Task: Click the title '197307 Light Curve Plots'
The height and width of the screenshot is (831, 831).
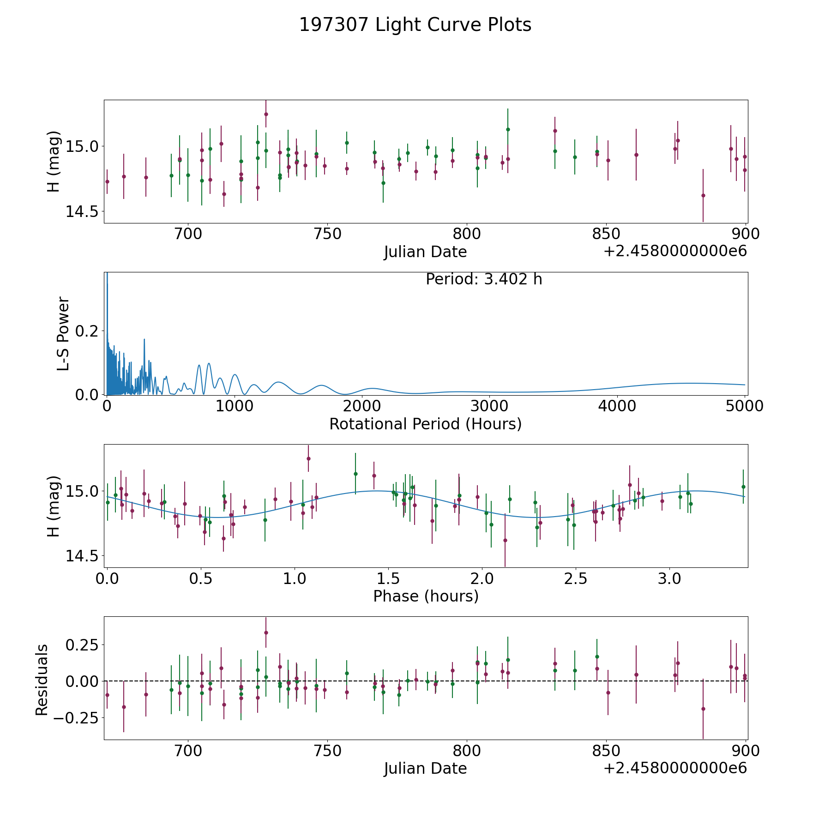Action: [x=415, y=25]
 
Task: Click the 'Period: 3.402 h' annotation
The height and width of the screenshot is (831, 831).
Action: [x=483, y=279]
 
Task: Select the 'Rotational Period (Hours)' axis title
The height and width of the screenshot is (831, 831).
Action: [x=425, y=424]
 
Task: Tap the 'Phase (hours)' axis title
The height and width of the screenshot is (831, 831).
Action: [x=425, y=596]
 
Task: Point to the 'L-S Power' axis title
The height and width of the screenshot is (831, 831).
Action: [x=64, y=333]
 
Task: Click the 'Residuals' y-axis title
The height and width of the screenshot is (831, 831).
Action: [x=42, y=680]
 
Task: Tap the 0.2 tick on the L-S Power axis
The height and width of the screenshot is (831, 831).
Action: [x=86, y=331]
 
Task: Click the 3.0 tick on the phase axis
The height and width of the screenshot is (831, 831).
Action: [x=669, y=578]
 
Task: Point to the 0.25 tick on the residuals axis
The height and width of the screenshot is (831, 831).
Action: [x=81, y=644]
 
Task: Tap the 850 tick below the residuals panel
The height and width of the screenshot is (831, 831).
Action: [x=606, y=751]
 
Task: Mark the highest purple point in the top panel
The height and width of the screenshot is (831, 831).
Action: [x=266, y=114]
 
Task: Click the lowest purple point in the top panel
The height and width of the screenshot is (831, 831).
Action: [x=703, y=195]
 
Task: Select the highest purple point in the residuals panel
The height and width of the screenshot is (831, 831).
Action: [x=266, y=632]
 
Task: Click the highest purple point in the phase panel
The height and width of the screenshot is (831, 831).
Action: [x=308, y=458]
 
